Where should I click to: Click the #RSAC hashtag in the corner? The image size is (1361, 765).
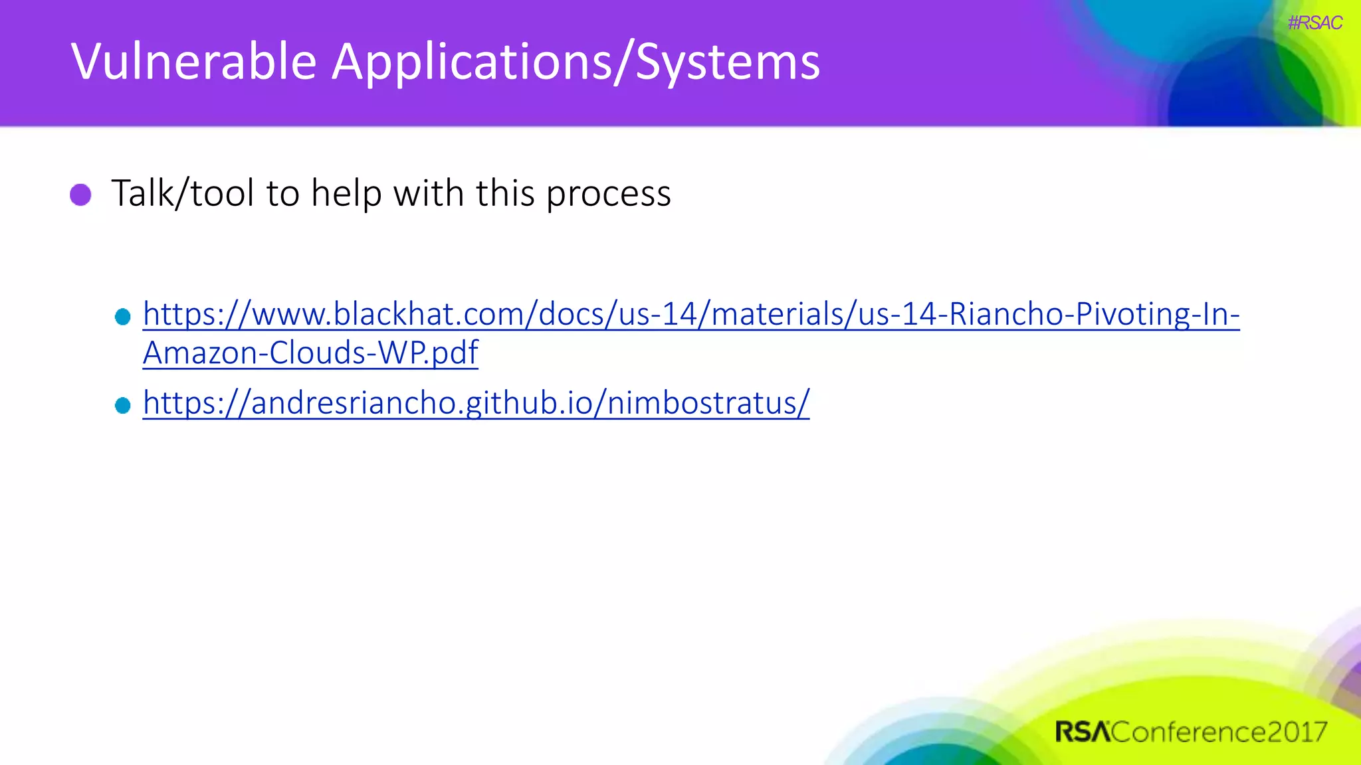click(x=1314, y=23)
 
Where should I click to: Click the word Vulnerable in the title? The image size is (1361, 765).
click(x=193, y=62)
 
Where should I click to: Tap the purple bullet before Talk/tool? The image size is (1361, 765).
click(x=81, y=195)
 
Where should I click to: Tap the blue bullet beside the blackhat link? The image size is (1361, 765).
click(x=123, y=317)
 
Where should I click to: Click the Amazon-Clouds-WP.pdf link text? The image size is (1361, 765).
click(x=310, y=353)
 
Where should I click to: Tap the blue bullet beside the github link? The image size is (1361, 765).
click(x=123, y=405)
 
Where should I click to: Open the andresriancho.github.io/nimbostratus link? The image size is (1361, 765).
click(x=476, y=403)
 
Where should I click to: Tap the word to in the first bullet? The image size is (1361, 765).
click(x=283, y=193)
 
